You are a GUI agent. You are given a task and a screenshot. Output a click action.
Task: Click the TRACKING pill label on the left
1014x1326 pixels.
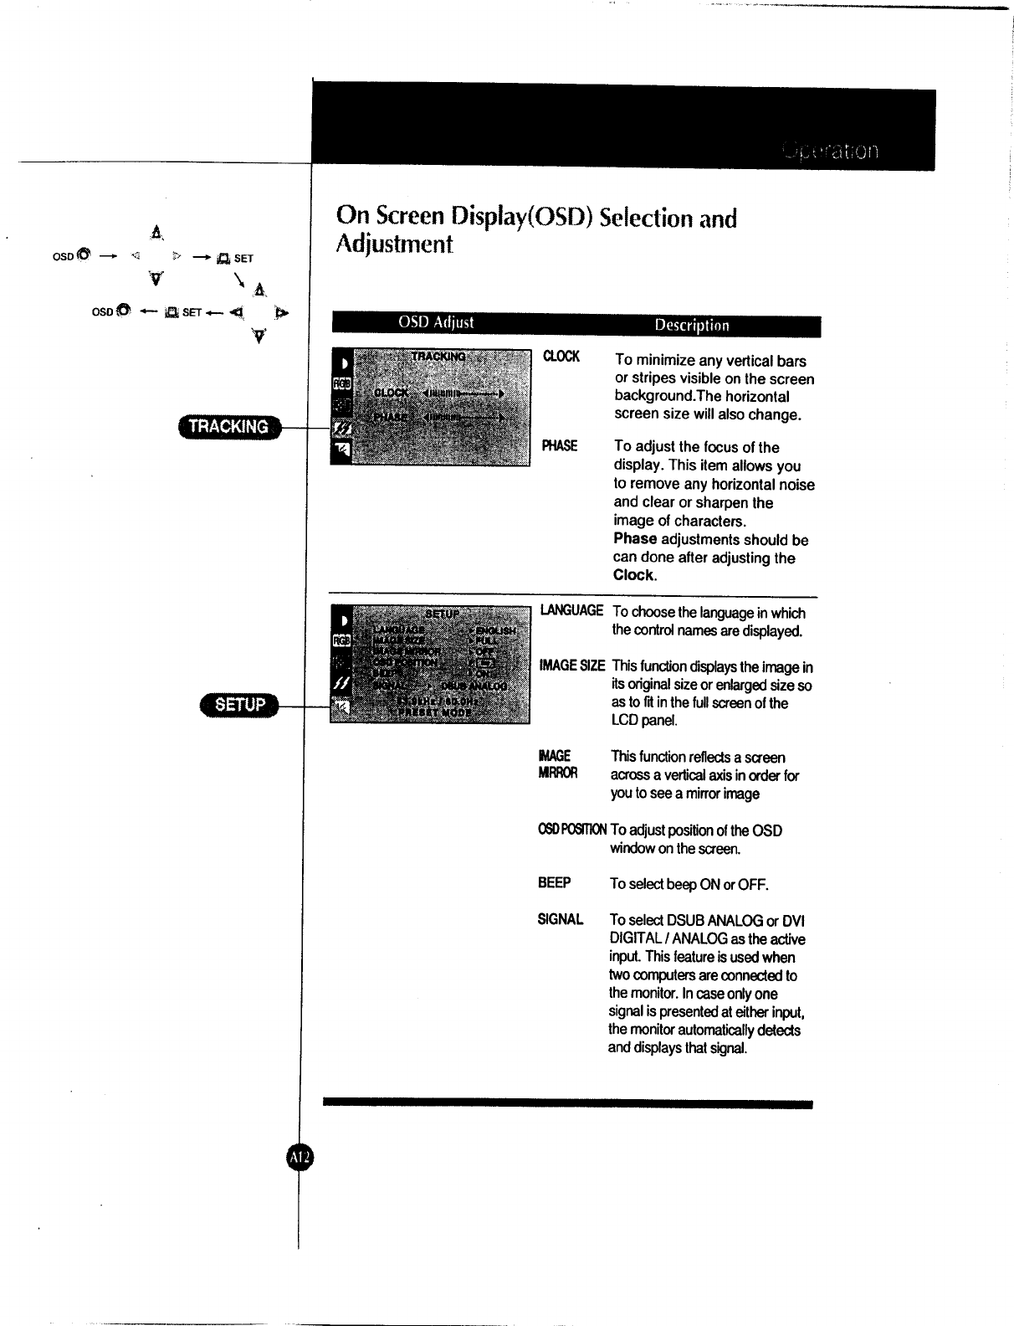click(228, 427)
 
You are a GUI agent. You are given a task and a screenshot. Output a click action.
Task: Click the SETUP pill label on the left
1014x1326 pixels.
click(239, 705)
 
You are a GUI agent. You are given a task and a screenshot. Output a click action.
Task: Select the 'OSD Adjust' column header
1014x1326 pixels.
click(435, 323)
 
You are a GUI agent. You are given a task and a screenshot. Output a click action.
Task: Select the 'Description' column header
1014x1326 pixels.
click(691, 326)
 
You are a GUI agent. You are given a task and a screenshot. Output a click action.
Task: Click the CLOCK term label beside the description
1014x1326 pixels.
click(561, 357)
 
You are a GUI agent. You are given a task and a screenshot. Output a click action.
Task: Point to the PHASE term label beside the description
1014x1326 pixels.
click(559, 445)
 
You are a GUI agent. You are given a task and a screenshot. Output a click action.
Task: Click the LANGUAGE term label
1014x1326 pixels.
click(571, 610)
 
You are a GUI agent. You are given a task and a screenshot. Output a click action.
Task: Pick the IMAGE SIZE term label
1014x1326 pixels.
click(571, 666)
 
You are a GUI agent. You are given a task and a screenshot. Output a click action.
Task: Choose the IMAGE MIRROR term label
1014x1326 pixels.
click(557, 764)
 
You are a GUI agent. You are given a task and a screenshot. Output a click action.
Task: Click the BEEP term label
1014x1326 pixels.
click(554, 883)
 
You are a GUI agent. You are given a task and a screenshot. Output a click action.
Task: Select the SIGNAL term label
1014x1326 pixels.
click(560, 919)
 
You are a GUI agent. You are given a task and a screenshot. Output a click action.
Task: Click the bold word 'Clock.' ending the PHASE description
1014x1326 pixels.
click(635, 575)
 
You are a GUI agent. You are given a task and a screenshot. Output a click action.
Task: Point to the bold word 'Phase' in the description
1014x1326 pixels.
click(635, 539)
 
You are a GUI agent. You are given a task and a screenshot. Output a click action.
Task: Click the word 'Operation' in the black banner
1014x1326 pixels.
click(830, 152)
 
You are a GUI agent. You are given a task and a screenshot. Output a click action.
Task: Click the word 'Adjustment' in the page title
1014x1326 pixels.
click(394, 244)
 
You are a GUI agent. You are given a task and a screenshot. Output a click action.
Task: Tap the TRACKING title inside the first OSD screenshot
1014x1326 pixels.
click(438, 357)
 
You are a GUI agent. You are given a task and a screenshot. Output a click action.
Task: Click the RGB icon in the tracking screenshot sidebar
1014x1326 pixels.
click(342, 383)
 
